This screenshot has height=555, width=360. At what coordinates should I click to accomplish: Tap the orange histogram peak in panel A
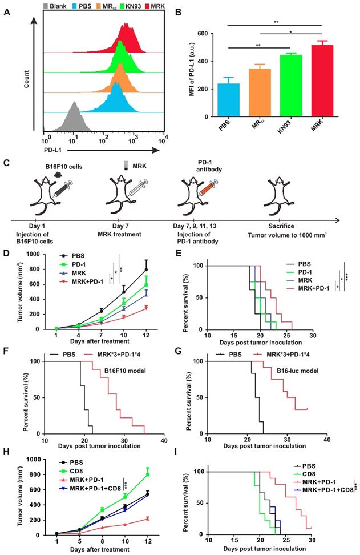point(119,78)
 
